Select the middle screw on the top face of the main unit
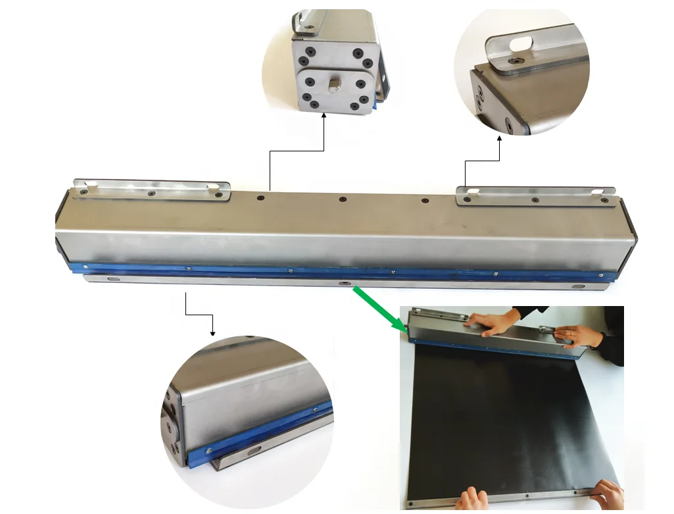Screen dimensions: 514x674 tap(342, 199)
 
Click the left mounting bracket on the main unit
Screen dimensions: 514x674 tap(151, 190)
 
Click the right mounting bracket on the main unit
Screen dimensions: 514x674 tap(536, 195)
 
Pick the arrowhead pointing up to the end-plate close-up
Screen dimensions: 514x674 tap(324, 116)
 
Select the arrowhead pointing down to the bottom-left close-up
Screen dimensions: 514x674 tap(212, 332)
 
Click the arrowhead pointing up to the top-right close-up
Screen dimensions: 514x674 tap(500, 139)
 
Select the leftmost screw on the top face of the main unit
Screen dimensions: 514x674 tap(261, 197)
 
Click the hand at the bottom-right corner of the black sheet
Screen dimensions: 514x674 tap(608, 494)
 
